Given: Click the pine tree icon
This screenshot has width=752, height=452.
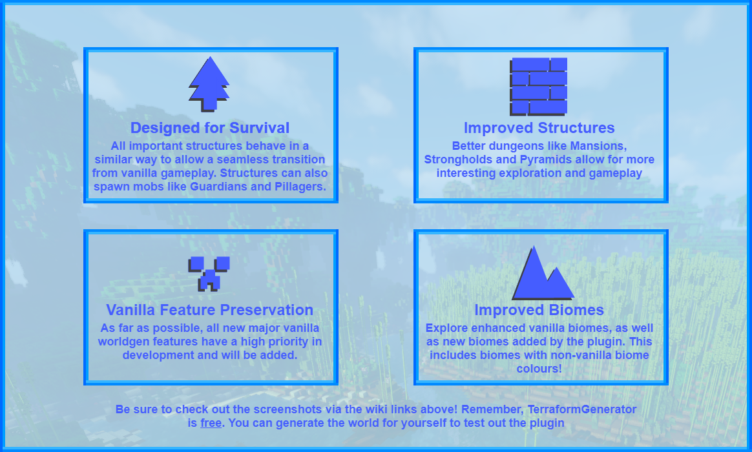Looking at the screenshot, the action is click(x=209, y=85).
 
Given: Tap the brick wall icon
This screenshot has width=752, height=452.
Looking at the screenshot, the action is click(x=539, y=87).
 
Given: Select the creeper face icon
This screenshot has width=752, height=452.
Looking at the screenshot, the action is click(x=209, y=274).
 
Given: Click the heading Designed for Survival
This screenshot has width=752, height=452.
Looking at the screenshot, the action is click(x=210, y=128).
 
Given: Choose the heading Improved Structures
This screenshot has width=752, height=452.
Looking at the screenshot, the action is click(x=539, y=128).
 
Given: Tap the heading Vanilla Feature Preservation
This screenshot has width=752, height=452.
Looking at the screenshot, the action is click(x=209, y=310).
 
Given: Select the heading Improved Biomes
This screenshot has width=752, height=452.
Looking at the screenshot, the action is click(x=539, y=310).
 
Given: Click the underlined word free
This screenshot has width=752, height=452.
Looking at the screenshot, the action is click(x=211, y=423).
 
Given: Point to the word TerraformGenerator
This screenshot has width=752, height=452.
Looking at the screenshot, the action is click(x=581, y=409).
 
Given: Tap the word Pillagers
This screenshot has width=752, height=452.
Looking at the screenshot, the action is click(x=300, y=187).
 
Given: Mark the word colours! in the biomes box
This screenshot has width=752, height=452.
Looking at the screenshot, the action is click(x=539, y=369).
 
